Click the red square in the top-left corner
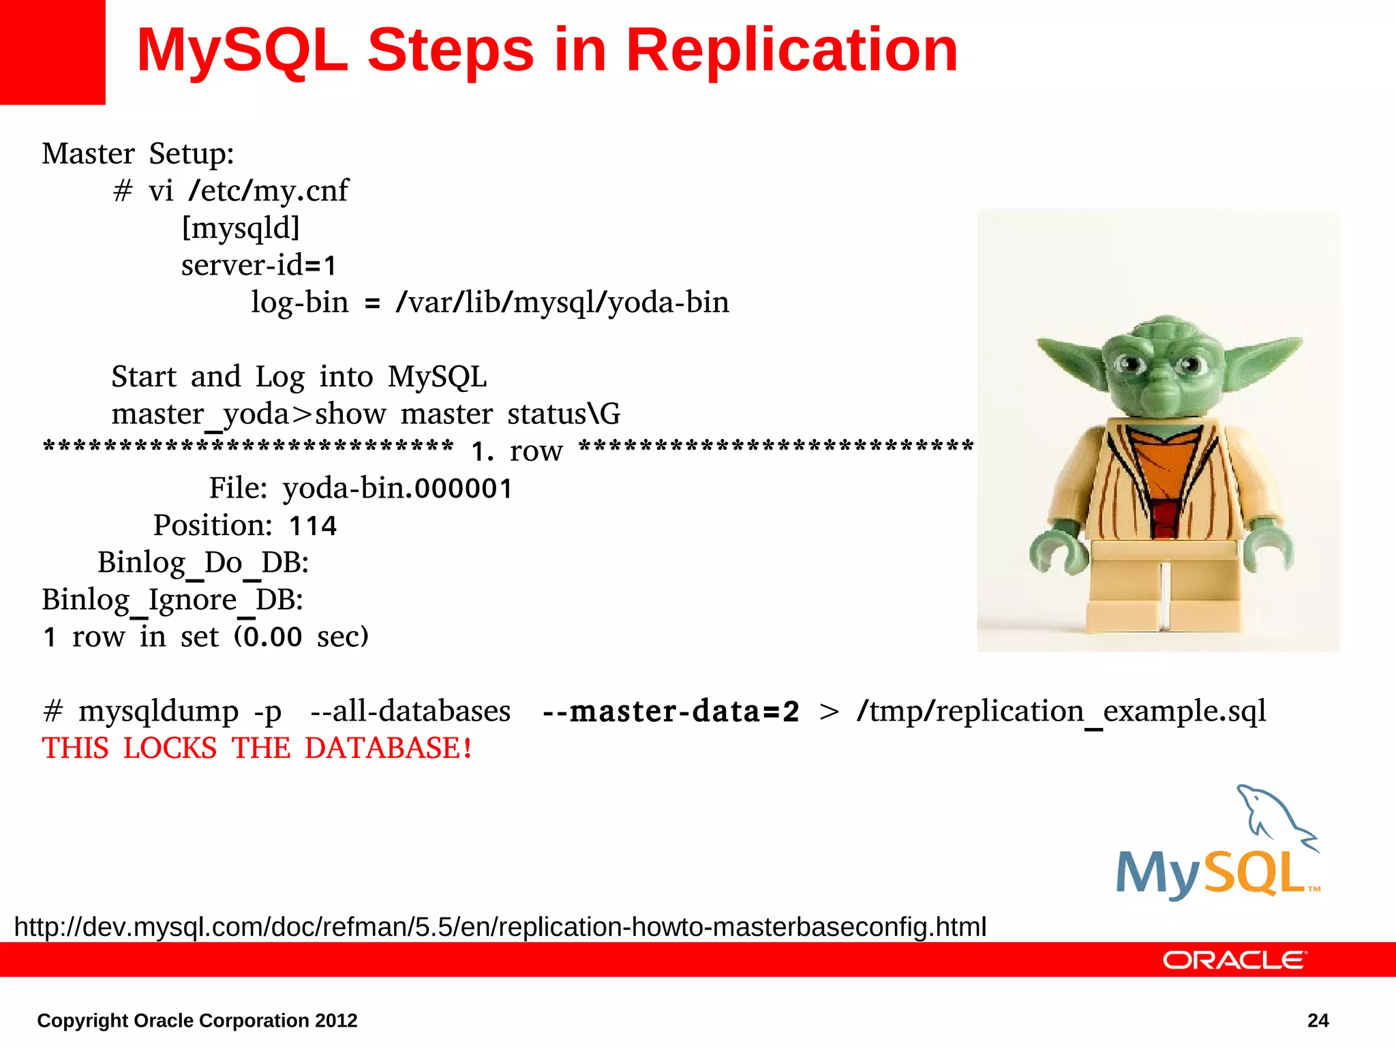point(52,52)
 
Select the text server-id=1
point(259,265)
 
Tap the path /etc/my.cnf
point(269,191)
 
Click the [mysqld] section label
point(241,228)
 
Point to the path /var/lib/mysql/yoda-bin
point(562,303)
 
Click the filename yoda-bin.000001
point(397,488)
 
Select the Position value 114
point(313,526)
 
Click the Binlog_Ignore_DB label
point(172,600)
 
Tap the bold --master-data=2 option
point(671,712)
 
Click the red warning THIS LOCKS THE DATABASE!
point(257,748)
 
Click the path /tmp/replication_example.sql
point(1061,712)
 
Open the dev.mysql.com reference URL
point(500,927)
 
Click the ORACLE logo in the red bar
point(1234,960)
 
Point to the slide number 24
point(1318,1020)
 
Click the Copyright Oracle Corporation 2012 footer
point(197,1020)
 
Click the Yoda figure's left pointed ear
point(1070,358)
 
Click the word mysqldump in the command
point(158,712)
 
